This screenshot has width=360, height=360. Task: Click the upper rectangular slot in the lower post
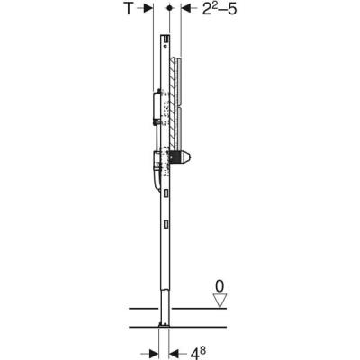tap(166, 193)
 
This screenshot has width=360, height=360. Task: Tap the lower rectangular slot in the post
tap(166, 221)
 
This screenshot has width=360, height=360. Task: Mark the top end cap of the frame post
tap(166, 39)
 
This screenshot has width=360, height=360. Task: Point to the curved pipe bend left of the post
tap(154, 184)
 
